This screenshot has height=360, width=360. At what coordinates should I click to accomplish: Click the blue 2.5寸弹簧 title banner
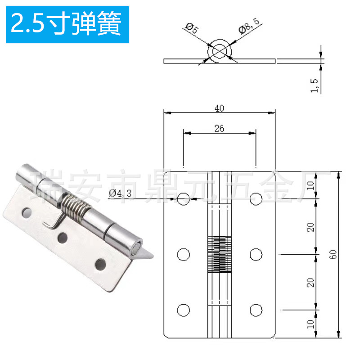point(67,24)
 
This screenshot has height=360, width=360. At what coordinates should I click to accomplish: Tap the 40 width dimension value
point(219,108)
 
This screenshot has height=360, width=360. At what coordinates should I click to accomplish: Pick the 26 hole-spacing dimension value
point(219,129)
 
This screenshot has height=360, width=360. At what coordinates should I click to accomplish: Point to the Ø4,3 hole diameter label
point(120,193)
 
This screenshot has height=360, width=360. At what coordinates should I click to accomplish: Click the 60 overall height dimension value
point(333,254)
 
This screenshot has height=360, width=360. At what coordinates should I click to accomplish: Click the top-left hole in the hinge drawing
point(183,198)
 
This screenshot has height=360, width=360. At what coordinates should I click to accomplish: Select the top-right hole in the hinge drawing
point(256,198)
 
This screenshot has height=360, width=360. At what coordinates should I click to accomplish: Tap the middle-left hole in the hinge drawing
point(183,255)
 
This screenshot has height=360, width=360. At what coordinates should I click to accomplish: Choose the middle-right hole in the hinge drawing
point(256,255)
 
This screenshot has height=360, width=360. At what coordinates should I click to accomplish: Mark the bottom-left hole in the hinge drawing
point(183,310)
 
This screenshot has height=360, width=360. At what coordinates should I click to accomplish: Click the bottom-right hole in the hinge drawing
point(256,310)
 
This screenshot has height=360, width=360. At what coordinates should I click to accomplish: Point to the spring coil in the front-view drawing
point(219,255)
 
